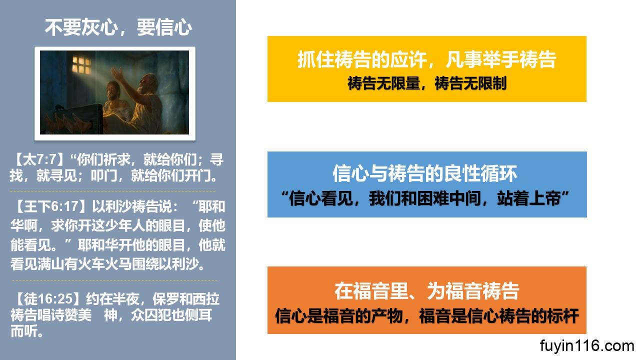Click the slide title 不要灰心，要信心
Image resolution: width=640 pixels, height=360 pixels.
[x=118, y=27]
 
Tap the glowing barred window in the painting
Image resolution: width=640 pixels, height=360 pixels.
[x=81, y=65]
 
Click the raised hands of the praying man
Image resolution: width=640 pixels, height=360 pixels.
[x=117, y=74]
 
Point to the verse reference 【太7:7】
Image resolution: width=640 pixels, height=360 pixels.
[x=39, y=159]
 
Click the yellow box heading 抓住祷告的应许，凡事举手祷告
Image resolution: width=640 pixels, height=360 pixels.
[x=427, y=59]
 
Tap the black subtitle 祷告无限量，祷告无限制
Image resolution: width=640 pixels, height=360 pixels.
[x=427, y=83]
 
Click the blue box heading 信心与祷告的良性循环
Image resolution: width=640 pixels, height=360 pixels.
[x=425, y=173]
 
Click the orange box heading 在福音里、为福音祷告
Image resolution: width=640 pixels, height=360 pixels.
[x=427, y=291]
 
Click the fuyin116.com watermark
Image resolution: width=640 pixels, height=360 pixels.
[x=587, y=346]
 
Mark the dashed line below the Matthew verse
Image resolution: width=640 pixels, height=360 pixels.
[x=113, y=191]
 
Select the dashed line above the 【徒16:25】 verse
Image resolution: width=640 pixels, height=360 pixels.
[x=114, y=280]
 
